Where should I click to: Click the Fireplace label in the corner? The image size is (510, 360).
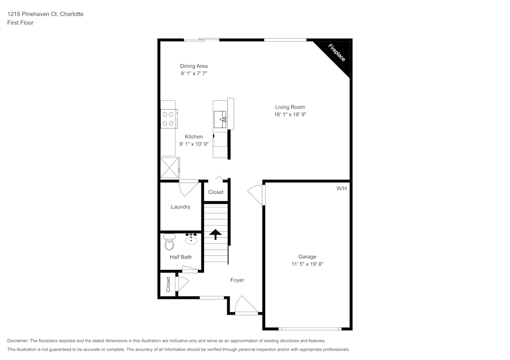click(x=337, y=53)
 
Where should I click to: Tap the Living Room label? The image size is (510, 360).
click(x=290, y=107)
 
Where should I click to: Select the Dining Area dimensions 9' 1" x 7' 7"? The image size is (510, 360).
click(x=194, y=74)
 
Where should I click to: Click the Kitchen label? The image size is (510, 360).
click(x=194, y=136)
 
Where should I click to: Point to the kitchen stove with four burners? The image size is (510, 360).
click(x=168, y=119)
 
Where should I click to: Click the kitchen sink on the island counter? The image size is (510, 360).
click(x=221, y=119)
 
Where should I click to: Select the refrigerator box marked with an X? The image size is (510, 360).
click(x=170, y=167)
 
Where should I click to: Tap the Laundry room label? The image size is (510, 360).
click(x=181, y=207)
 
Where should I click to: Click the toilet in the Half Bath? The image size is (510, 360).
click(x=169, y=243)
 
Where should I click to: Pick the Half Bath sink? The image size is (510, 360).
click(x=192, y=239)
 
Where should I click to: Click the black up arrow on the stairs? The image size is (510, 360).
click(x=215, y=234)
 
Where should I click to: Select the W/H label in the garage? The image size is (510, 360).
click(x=341, y=188)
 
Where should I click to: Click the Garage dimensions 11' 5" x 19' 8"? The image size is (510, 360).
click(x=308, y=264)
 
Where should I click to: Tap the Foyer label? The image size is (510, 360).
click(x=237, y=280)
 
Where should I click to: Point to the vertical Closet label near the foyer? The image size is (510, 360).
click(x=168, y=285)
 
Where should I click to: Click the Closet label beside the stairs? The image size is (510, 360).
click(x=216, y=192)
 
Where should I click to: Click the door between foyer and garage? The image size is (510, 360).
click(x=257, y=195)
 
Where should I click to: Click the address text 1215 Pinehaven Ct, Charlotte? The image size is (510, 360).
click(x=45, y=14)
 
